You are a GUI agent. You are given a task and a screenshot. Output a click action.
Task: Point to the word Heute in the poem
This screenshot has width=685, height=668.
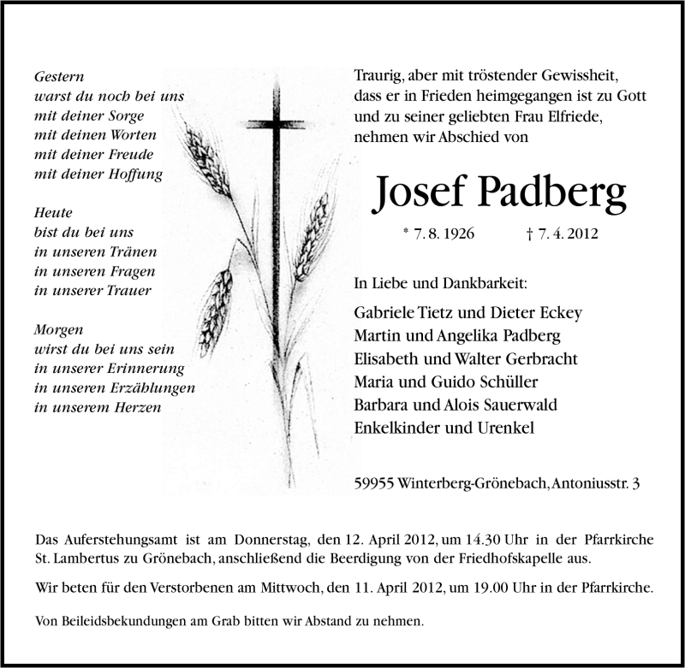(54, 212)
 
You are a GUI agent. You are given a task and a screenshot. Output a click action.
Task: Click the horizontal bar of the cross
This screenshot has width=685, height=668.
(276, 124)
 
